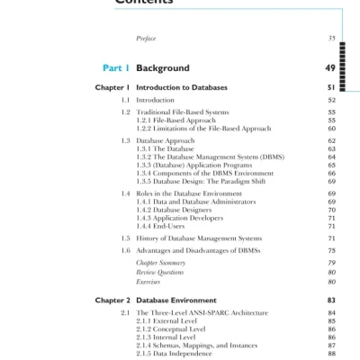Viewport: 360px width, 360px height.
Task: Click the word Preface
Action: tap(146, 39)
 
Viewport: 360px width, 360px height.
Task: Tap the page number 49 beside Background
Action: tap(330, 67)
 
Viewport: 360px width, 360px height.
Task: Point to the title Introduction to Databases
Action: tap(182, 87)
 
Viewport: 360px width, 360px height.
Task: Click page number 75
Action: tap(331, 250)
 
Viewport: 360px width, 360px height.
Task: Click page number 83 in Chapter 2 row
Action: tap(330, 299)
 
